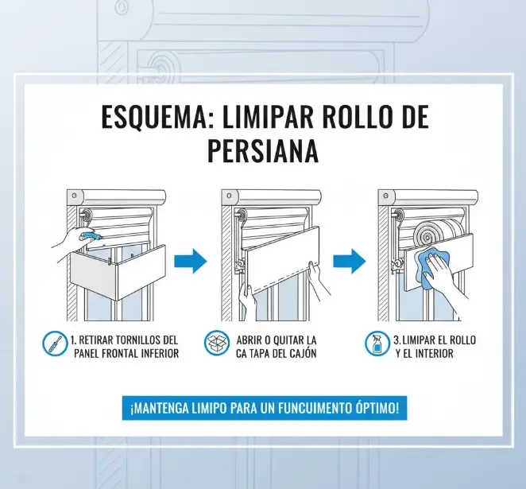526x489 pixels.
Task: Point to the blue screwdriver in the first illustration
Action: (x=92, y=236)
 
